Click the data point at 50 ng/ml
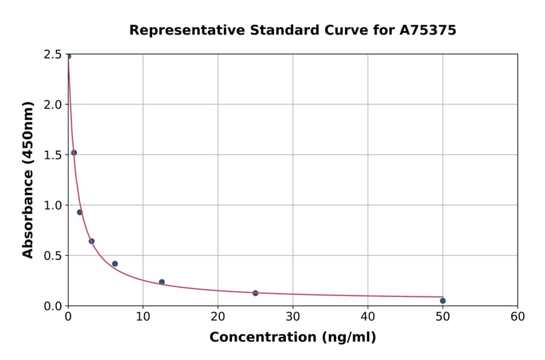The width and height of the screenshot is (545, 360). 443,301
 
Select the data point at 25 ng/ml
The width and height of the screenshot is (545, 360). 256,293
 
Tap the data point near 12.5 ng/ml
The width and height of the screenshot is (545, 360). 162,282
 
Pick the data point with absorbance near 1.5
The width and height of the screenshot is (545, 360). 74,153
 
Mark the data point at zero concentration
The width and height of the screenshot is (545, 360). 68,56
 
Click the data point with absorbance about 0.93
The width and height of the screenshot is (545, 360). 79,212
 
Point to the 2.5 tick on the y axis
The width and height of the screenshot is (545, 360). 53,55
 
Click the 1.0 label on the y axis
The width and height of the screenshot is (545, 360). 53,205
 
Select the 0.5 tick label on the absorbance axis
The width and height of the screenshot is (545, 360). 53,256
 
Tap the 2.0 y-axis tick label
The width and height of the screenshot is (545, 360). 53,105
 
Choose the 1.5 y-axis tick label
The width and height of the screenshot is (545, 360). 53,155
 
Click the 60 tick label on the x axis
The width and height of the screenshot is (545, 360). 517,316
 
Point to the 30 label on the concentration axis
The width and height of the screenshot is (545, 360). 292,316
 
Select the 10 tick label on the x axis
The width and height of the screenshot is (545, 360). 143,316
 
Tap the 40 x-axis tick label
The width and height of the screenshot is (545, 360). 368,316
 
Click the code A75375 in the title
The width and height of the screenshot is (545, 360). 428,30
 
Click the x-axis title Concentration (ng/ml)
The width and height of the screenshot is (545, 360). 292,338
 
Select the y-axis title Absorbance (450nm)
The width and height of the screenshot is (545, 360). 28,180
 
